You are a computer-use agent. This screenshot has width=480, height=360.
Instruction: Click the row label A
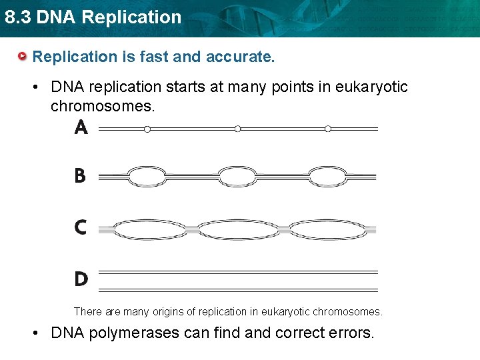[81, 127]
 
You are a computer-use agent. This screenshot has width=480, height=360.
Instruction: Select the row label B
[80, 177]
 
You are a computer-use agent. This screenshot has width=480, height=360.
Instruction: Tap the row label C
[81, 227]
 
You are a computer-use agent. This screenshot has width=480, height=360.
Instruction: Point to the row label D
[81, 279]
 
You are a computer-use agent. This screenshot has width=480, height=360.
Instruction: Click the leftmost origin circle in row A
[147, 129]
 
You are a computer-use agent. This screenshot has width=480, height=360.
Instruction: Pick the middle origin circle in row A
[237, 129]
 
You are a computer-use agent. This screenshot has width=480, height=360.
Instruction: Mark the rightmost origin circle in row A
[328, 129]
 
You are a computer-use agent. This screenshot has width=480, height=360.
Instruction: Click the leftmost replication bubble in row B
[147, 177]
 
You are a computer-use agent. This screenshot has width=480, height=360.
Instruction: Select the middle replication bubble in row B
[237, 177]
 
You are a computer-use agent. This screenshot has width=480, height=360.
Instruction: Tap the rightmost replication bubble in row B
[328, 177]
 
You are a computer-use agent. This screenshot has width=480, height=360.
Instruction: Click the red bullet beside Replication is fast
[23, 56]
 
